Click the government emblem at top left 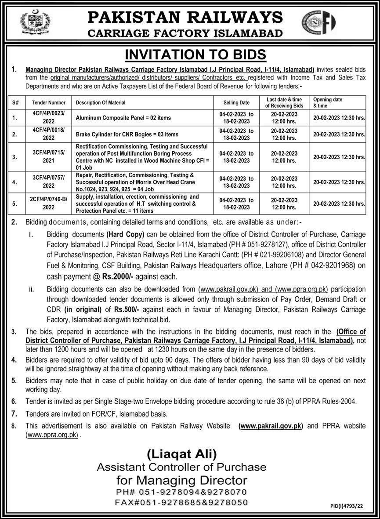[x=36, y=22]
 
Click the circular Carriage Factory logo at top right [x=318, y=23]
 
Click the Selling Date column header [x=237, y=102]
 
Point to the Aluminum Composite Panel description [x=123, y=118]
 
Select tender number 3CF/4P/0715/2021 [x=48, y=157]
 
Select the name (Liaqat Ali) [x=181, y=454]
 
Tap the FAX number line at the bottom [x=181, y=502]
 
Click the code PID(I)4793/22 [x=347, y=506]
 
